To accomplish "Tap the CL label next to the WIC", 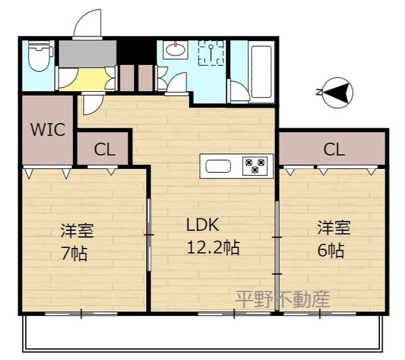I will (105, 150).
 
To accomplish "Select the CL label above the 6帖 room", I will (333, 149).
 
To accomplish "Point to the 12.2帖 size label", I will (213, 247).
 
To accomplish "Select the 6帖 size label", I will (331, 251).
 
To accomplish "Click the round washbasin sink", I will (176, 50).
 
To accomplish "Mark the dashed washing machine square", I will (211, 53).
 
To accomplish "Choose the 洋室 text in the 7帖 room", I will (76, 230).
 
